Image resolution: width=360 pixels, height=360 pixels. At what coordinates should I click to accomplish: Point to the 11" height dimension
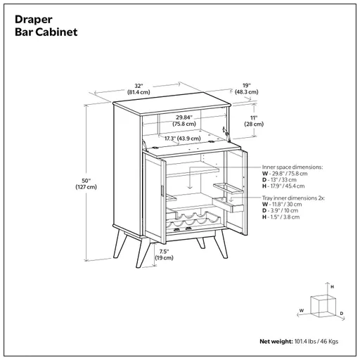pyautogui.click(x=252, y=121)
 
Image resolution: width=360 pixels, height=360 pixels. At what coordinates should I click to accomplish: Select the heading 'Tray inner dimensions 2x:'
pyautogui.click(x=293, y=199)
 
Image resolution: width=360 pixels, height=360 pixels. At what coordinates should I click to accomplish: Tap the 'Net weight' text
pyautogui.click(x=276, y=341)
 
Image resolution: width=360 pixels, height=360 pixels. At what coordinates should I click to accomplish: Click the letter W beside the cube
pyautogui.click(x=301, y=309)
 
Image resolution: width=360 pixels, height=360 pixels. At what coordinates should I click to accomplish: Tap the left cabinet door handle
pyautogui.click(x=162, y=189)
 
